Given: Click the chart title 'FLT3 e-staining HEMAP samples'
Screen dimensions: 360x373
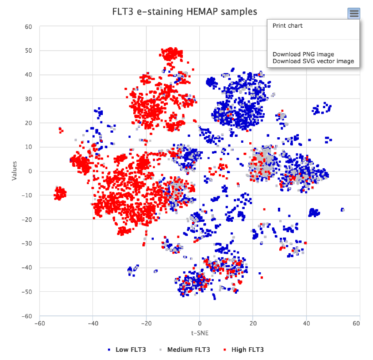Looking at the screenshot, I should pyautogui.click(x=184, y=11).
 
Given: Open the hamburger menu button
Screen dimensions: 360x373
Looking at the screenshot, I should pyautogui.click(x=354, y=14).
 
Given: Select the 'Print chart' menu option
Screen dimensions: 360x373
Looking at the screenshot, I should pyautogui.click(x=287, y=26).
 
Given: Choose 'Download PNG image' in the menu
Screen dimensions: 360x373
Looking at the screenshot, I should pyautogui.click(x=303, y=55).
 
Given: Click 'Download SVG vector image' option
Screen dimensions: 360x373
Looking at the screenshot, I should pyautogui.click(x=313, y=61).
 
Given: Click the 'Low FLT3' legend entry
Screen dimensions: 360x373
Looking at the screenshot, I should pyautogui.click(x=131, y=350).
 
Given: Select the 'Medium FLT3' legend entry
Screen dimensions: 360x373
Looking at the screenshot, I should pyautogui.click(x=188, y=350).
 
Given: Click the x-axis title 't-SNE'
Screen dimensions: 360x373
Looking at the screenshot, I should pyautogui.click(x=199, y=333).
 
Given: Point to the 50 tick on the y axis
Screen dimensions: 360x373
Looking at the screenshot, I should pyautogui.click(x=28, y=50).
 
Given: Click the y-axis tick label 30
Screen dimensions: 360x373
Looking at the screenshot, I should pyautogui.click(x=28, y=99).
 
